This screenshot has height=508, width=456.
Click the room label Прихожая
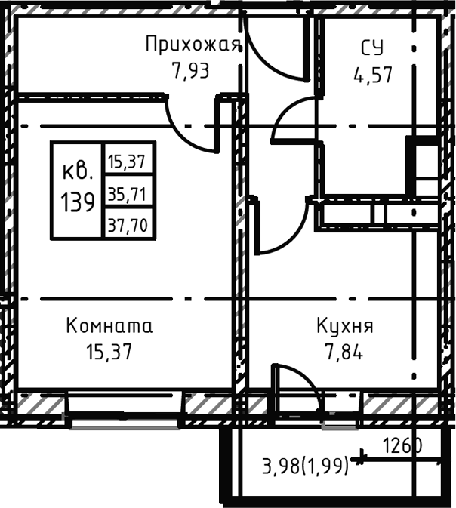point(193,45)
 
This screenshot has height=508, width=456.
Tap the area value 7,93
point(190,72)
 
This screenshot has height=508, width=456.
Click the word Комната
point(109,326)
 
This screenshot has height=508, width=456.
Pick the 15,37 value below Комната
point(109,353)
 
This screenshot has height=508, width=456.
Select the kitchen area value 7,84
point(340,353)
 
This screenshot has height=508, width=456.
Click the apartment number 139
point(79,202)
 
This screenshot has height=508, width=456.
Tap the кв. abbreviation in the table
point(79,171)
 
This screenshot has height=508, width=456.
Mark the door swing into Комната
point(193,128)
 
